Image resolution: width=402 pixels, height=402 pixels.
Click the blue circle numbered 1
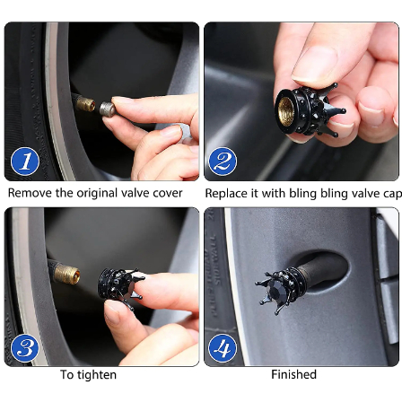(25, 162)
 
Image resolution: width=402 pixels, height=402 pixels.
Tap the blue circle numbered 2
(223, 162)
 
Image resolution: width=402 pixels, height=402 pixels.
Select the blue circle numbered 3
(25, 348)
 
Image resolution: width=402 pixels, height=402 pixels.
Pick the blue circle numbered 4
(223, 348)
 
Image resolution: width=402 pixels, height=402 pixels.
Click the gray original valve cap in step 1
(108, 109)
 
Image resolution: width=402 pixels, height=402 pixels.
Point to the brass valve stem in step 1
(85, 103)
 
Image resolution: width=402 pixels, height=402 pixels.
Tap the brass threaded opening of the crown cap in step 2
(286, 111)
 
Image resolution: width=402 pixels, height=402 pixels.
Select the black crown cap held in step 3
(120, 287)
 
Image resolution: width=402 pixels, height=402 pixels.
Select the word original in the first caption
(97, 194)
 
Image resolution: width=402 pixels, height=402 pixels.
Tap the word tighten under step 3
(98, 375)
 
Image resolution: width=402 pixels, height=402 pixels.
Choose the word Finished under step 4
(293, 374)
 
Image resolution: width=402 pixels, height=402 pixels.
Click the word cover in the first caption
(168, 194)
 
